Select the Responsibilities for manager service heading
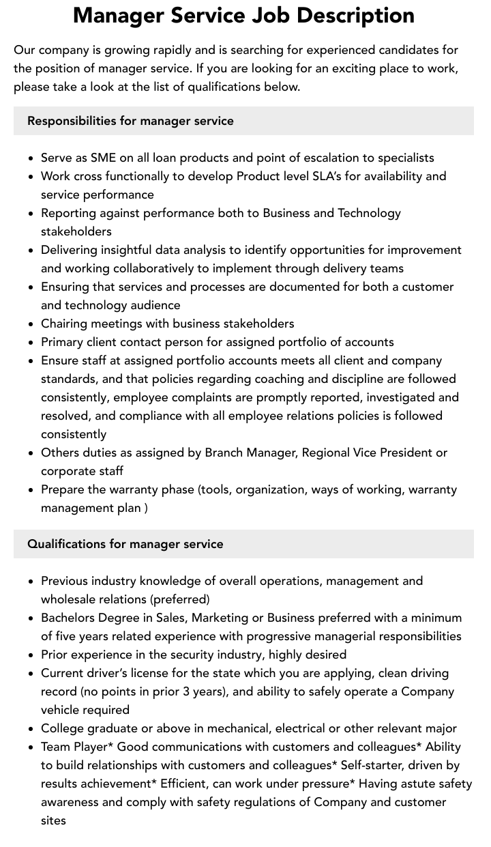point(130,121)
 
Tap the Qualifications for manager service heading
point(125,544)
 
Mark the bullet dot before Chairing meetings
point(31,324)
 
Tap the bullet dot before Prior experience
point(31,655)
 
